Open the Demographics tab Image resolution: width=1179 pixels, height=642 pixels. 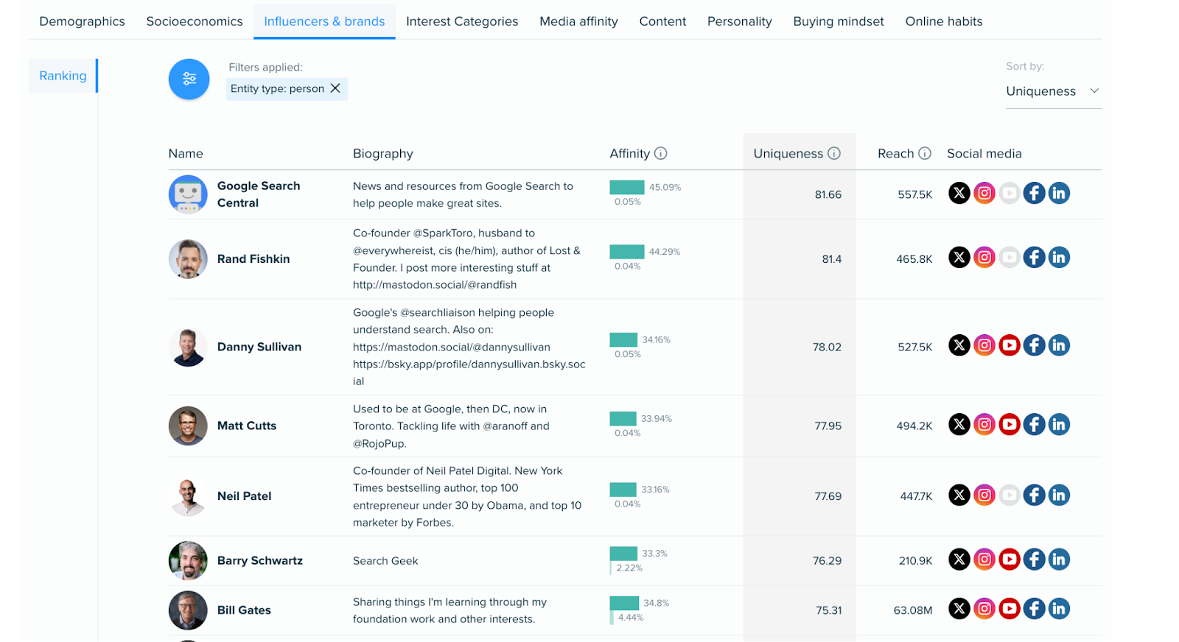82,21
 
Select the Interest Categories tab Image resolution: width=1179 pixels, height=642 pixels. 462,21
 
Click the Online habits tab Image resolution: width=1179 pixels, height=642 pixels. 943,21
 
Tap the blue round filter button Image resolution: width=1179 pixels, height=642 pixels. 189,80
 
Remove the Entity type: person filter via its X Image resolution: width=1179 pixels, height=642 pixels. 335,88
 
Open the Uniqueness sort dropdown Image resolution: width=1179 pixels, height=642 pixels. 1052,91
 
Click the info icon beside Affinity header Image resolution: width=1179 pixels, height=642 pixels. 661,153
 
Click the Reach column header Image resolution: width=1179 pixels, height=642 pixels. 895,153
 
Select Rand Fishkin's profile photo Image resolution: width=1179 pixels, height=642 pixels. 188,259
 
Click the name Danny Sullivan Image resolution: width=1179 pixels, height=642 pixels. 259,347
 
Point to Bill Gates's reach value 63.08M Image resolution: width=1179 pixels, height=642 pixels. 912,610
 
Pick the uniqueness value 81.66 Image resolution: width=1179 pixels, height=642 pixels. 828,194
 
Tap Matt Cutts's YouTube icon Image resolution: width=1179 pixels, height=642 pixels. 1010,425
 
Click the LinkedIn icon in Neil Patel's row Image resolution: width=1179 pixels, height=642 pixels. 1059,495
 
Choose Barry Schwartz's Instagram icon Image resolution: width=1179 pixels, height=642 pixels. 984,560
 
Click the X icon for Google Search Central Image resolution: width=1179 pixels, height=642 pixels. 959,194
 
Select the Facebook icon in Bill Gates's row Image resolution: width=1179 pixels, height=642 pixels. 1034,609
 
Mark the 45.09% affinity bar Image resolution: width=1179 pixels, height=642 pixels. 627,187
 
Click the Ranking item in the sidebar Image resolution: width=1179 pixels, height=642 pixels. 63,76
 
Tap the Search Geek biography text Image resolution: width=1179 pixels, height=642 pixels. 385,561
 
